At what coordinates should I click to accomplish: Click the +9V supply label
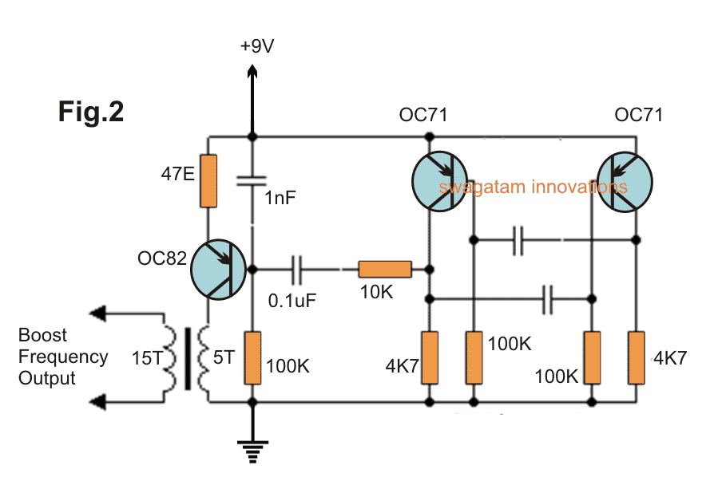tap(256, 47)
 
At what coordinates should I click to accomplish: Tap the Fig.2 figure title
tap(91, 112)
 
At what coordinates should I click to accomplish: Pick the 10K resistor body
tap(385, 270)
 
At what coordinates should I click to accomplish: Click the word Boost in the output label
tap(43, 335)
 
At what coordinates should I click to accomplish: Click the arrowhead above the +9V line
tap(252, 73)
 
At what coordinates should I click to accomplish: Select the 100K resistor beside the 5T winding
tap(252, 357)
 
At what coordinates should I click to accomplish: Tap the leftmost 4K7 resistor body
tap(430, 356)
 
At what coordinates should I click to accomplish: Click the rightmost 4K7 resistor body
tap(637, 356)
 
